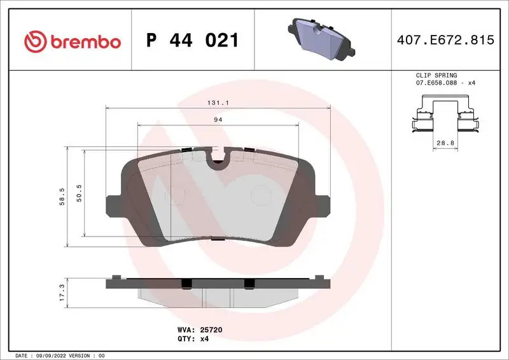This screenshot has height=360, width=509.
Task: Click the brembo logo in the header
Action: click(x=72, y=41)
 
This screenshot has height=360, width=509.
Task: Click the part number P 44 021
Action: click(x=192, y=41)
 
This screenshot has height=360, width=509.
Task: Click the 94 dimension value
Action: click(x=218, y=119)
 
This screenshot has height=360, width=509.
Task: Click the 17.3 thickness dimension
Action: click(x=62, y=293)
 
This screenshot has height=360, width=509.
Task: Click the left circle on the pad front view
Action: click(x=173, y=193)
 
